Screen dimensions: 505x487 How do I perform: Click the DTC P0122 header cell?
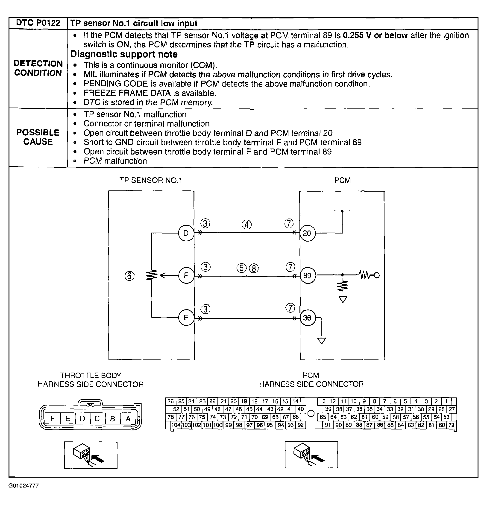(38, 23)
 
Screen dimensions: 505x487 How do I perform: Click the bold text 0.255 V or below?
(375, 35)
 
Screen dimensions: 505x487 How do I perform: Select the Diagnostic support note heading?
(124, 54)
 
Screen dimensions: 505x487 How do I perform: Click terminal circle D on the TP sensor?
(186, 234)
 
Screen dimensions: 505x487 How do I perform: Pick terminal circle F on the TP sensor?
(186, 276)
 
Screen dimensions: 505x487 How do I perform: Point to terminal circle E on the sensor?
(186, 318)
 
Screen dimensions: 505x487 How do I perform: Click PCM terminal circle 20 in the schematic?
(307, 234)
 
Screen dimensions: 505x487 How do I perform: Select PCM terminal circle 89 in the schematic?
(307, 276)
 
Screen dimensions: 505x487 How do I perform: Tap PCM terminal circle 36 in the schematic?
(307, 318)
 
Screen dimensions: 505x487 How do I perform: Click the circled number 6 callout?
(129, 276)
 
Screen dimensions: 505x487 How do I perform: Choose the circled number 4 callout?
(247, 225)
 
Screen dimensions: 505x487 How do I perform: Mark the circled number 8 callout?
(254, 269)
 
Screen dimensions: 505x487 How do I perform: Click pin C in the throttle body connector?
(97, 419)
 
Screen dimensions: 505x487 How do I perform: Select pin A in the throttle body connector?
(128, 419)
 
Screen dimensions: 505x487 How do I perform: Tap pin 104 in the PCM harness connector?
(176, 425)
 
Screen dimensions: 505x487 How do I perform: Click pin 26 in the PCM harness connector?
(170, 401)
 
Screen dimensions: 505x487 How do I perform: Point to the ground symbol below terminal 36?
(322, 341)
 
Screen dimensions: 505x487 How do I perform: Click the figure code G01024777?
(24, 486)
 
